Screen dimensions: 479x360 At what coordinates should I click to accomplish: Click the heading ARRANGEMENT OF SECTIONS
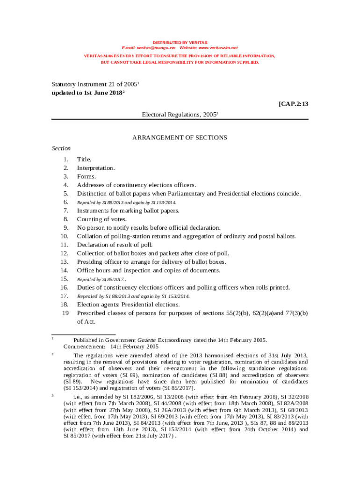(180, 138)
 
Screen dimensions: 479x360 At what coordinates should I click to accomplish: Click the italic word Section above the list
(61, 148)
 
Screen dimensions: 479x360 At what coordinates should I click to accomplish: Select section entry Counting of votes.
(102, 219)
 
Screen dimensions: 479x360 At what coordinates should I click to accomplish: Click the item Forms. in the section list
(86, 177)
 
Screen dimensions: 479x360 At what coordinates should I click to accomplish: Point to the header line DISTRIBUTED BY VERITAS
(180, 43)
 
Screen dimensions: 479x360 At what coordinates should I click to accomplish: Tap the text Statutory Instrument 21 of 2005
(94, 85)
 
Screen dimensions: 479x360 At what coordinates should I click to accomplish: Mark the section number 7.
(66, 211)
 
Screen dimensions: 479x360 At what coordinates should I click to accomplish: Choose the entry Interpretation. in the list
(96, 168)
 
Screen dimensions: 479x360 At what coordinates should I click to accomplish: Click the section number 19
(65, 313)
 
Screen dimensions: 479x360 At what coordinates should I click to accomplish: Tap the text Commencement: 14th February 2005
(111, 347)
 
